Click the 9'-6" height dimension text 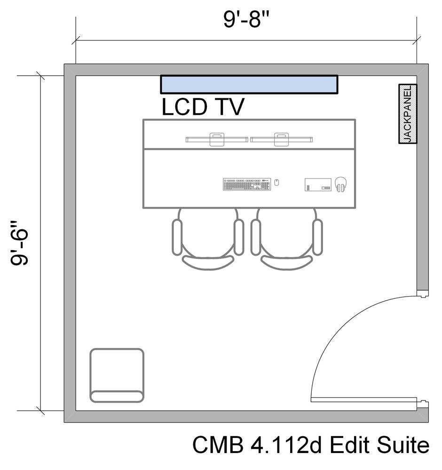tap(21, 242)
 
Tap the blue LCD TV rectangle tap(249, 85)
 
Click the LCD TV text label tap(203, 107)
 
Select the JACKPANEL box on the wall tap(408, 114)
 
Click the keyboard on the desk tap(247, 184)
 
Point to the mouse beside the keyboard tap(276, 182)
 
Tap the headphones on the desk tap(341, 184)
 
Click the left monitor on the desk tap(217, 140)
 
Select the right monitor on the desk tap(281, 140)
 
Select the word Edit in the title tap(347, 445)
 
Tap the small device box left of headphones tap(318, 184)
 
